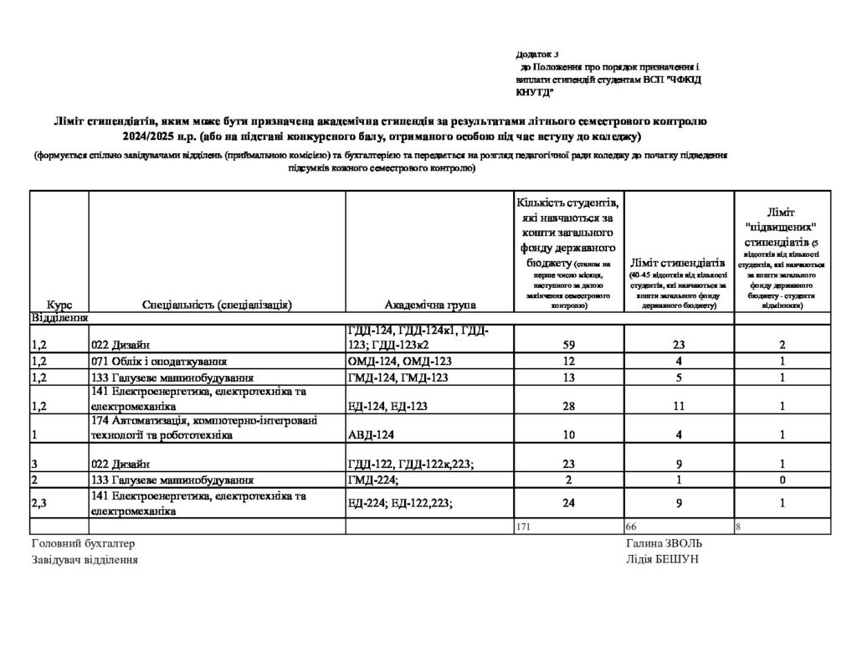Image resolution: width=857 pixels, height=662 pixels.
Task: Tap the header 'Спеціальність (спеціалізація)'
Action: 217,305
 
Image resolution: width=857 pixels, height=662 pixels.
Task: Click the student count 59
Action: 569,342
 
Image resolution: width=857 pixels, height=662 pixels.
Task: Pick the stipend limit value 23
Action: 679,342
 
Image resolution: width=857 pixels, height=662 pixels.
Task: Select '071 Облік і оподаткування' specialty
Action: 160,362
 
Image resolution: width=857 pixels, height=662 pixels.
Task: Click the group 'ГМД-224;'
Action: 372,480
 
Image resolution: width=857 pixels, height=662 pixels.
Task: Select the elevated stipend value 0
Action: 782,480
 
